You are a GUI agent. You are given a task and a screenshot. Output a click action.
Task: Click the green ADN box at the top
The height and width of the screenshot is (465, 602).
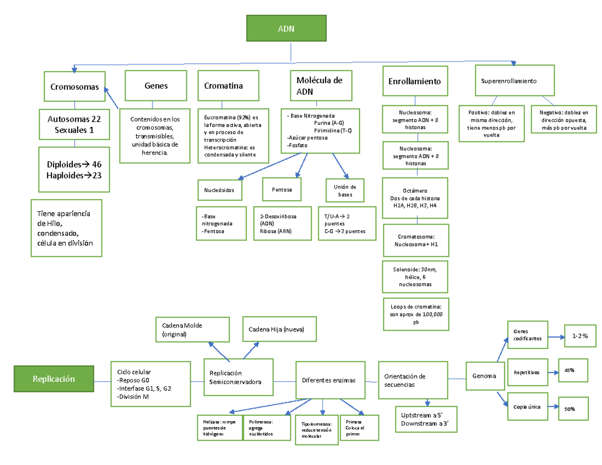coord(286,29)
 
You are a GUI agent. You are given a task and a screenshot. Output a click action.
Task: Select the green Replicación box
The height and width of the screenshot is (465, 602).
coord(54,379)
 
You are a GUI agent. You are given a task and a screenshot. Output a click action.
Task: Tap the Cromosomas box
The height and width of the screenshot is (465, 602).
coord(75,86)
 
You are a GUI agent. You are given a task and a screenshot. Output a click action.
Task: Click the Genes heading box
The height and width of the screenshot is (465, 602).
coord(156,86)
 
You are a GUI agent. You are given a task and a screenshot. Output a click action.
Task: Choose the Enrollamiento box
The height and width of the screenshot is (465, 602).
coord(415,81)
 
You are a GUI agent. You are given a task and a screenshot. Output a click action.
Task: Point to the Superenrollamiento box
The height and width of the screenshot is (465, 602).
coord(515,80)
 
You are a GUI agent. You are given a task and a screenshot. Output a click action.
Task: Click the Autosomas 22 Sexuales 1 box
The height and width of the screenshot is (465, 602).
coord(74,124)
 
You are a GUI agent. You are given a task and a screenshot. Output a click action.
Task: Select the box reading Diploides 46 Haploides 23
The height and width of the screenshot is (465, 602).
coord(74,170)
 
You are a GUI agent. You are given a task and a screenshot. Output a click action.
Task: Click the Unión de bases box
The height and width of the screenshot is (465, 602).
coord(345,190)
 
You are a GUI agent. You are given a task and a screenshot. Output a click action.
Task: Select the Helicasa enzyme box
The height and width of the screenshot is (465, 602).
coord(219,427)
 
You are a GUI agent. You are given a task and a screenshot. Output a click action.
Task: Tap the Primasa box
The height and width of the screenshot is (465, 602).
coord(359,428)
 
